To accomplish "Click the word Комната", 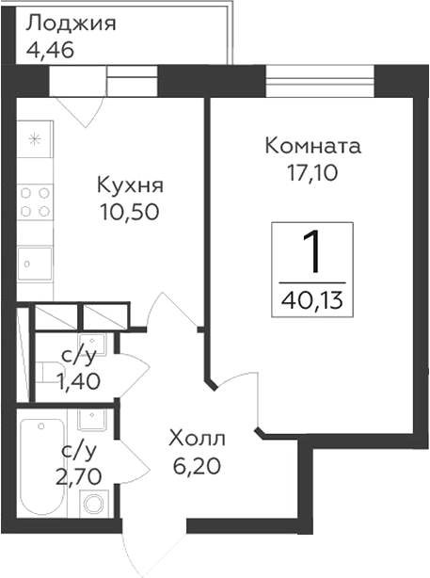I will pos(313,147).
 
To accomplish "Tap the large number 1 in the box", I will pos(312,251).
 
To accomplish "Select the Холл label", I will pos(197,439).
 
